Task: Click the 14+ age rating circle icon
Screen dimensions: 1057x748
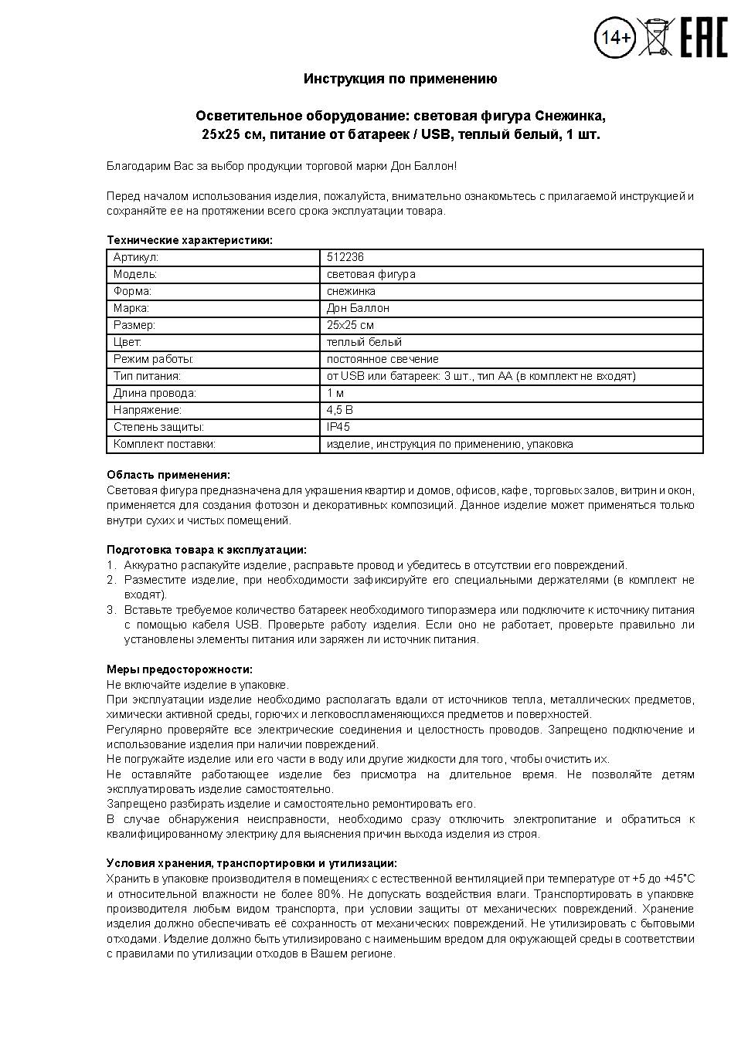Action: click(x=614, y=37)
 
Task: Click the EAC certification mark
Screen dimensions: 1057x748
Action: click(x=703, y=37)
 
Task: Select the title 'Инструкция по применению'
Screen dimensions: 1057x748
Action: click(x=399, y=79)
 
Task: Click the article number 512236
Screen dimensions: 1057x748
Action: click(x=345, y=257)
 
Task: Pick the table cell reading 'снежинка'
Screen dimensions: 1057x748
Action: click(x=351, y=291)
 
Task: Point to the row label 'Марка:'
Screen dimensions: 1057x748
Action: click(x=131, y=308)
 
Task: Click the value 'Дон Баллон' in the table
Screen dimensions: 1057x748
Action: click(x=358, y=308)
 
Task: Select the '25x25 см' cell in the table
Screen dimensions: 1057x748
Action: click(x=350, y=325)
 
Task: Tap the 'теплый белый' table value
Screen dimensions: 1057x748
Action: click(x=364, y=342)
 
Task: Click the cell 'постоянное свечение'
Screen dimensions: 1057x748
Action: click(x=382, y=359)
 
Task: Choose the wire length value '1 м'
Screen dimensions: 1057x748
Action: click(x=335, y=393)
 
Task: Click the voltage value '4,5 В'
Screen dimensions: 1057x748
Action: click(x=339, y=410)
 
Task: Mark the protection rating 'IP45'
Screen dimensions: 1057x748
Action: click(x=338, y=427)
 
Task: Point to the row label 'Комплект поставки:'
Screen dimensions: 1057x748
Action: click(x=164, y=444)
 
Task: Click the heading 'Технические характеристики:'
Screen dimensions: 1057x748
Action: click(x=189, y=240)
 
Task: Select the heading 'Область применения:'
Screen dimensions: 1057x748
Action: click(x=168, y=475)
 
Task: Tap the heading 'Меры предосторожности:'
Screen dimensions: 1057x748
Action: click(x=179, y=669)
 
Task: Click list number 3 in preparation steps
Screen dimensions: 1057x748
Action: click(x=110, y=610)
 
